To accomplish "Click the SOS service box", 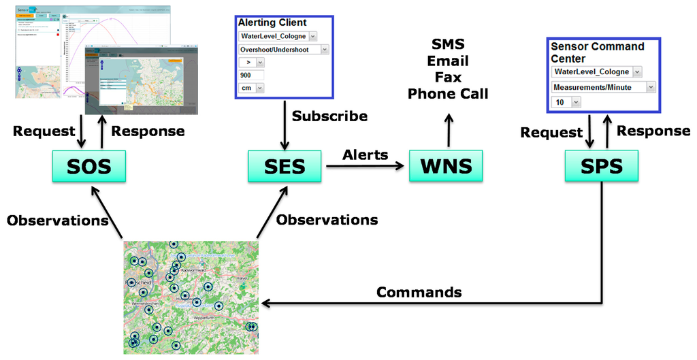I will (89, 166).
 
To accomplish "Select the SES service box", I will (285, 166).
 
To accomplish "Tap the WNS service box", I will (445, 166).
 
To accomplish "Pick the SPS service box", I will (602, 166).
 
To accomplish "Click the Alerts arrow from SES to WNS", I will (365, 164).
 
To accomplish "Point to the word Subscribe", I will (329, 116).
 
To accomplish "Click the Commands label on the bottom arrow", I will (419, 292).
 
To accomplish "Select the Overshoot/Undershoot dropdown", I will (283, 49).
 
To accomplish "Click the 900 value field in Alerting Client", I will (250, 75).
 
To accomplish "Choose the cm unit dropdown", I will (250, 88).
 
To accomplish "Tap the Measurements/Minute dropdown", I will (603, 87).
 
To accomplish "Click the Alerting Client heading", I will (272, 22).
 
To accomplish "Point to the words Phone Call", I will (448, 94).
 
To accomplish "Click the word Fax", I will (448, 77).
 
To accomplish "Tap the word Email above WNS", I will (448, 61).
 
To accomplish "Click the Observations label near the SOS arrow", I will (58, 220).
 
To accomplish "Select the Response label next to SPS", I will (653, 130).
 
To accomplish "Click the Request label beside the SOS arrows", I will (44, 131).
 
